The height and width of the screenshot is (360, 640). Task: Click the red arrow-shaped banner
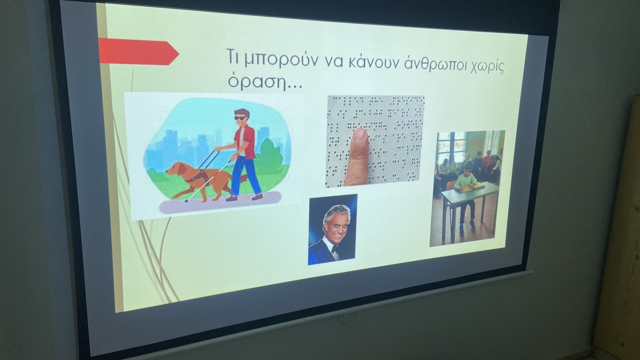(139, 51)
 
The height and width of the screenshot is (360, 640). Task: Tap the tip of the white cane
(186, 201)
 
